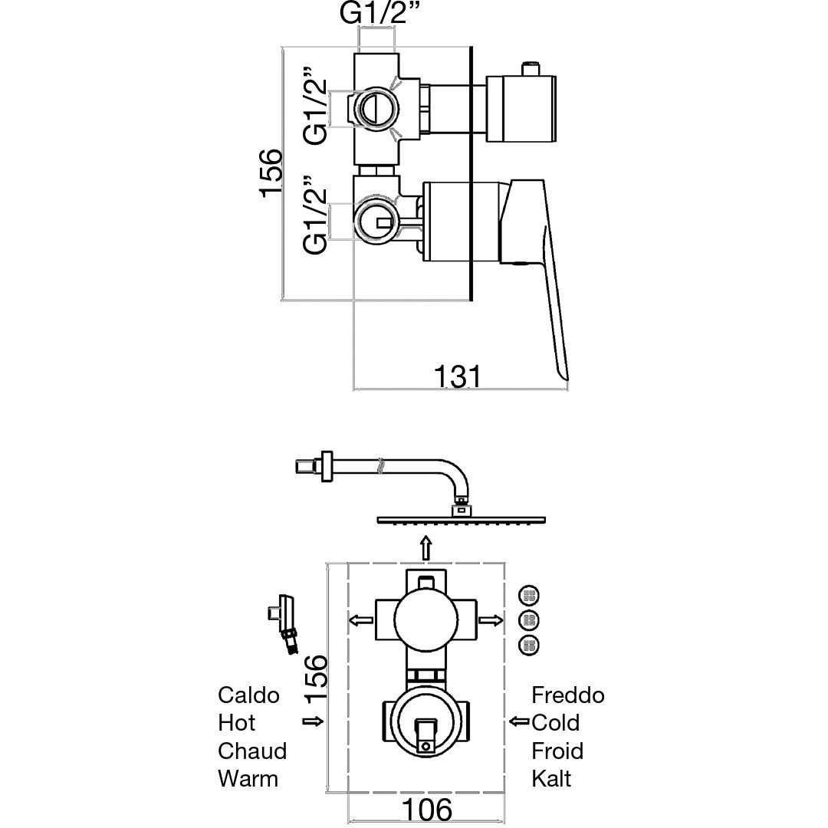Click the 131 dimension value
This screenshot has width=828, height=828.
pos(457,376)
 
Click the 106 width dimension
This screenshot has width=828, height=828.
pos(427,809)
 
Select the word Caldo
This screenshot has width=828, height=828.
pos(248,695)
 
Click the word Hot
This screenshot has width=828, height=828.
pos(237,722)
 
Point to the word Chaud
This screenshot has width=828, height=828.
pos(252,751)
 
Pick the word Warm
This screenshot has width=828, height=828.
pos(248,778)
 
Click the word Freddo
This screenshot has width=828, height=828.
pos(567,695)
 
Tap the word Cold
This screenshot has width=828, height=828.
pos(556,722)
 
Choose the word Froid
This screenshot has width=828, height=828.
pos(557,751)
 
